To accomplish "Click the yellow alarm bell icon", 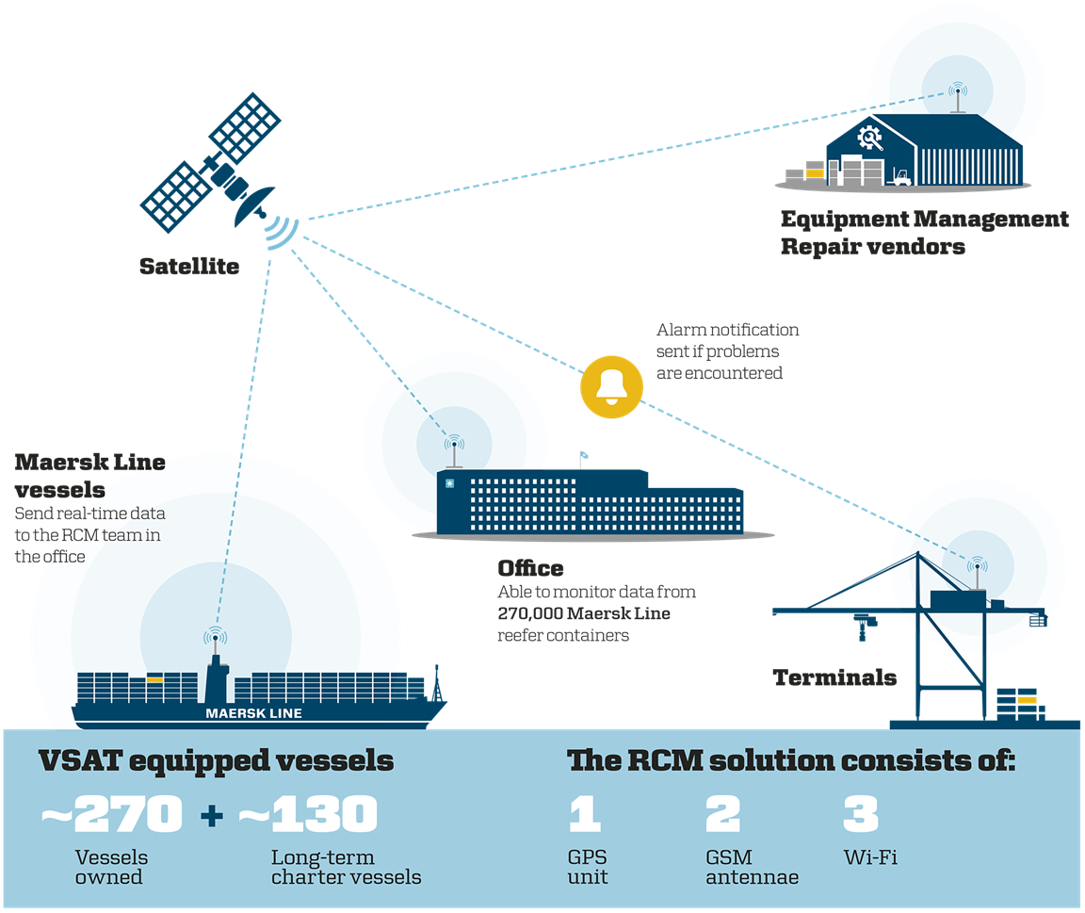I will coord(611,386).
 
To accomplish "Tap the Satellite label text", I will coord(189,267).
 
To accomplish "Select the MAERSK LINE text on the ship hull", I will coord(254,713).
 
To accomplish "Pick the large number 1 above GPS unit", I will coord(584,814).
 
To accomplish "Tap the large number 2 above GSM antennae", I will coord(722,814).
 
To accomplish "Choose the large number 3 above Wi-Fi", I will coord(860,814).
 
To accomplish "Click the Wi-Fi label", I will coord(869,858).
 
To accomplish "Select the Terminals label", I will coord(834,677).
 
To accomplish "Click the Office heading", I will coord(530,568).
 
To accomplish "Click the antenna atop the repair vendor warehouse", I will coord(958,98).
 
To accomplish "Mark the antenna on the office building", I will coord(454,453).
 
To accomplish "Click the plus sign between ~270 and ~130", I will coord(212,815).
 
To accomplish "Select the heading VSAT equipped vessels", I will coord(216,760).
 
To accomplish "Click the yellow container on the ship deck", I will coord(154,678).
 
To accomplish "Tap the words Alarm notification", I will coord(727,330).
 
